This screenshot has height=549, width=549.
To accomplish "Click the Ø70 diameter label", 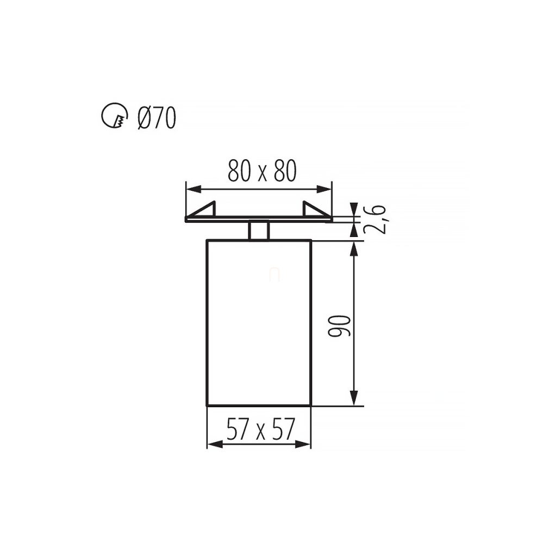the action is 157,117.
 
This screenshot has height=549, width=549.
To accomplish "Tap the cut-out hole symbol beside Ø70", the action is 114,116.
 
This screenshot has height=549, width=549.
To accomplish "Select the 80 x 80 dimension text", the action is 262,171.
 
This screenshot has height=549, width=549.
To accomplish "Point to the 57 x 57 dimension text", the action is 261,429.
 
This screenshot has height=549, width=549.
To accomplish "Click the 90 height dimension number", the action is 339,326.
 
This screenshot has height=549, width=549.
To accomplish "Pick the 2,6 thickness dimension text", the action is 375,220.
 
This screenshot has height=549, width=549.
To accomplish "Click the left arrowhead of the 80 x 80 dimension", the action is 194,190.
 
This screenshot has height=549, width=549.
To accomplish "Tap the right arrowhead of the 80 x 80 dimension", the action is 324,190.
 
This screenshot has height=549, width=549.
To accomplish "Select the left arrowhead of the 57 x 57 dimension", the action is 215,445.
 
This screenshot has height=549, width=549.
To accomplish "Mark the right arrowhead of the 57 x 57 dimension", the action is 303,445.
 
